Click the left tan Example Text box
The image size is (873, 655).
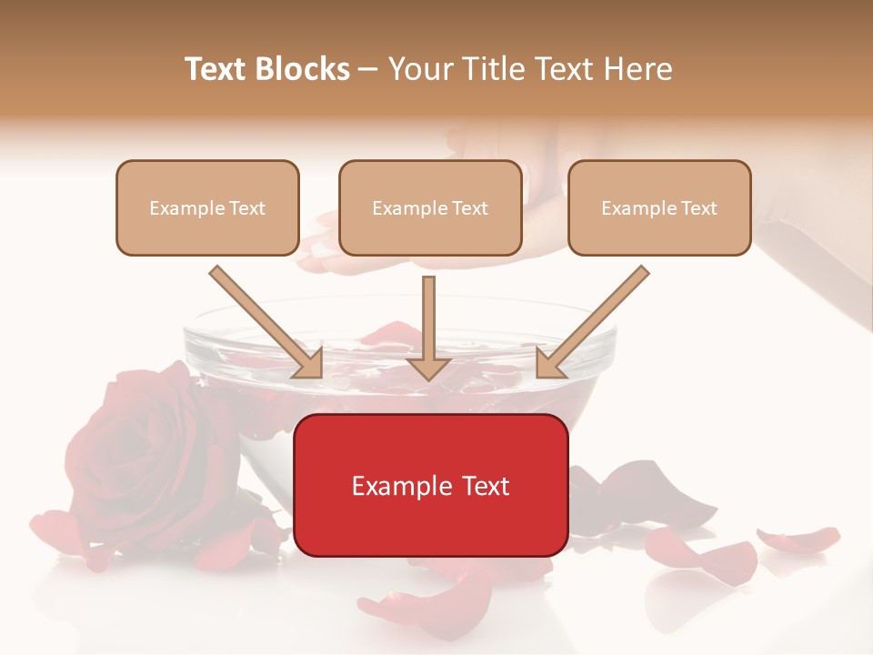(x=207, y=207)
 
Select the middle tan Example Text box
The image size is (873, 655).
(x=430, y=207)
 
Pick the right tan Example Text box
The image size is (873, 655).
(x=659, y=207)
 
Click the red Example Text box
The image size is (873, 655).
(x=430, y=485)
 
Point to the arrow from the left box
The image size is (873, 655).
(x=268, y=323)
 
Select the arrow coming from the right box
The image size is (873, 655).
(x=591, y=323)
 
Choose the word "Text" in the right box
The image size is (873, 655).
(x=700, y=208)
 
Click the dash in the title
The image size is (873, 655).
(x=368, y=69)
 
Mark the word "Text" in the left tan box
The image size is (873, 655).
(x=248, y=208)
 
